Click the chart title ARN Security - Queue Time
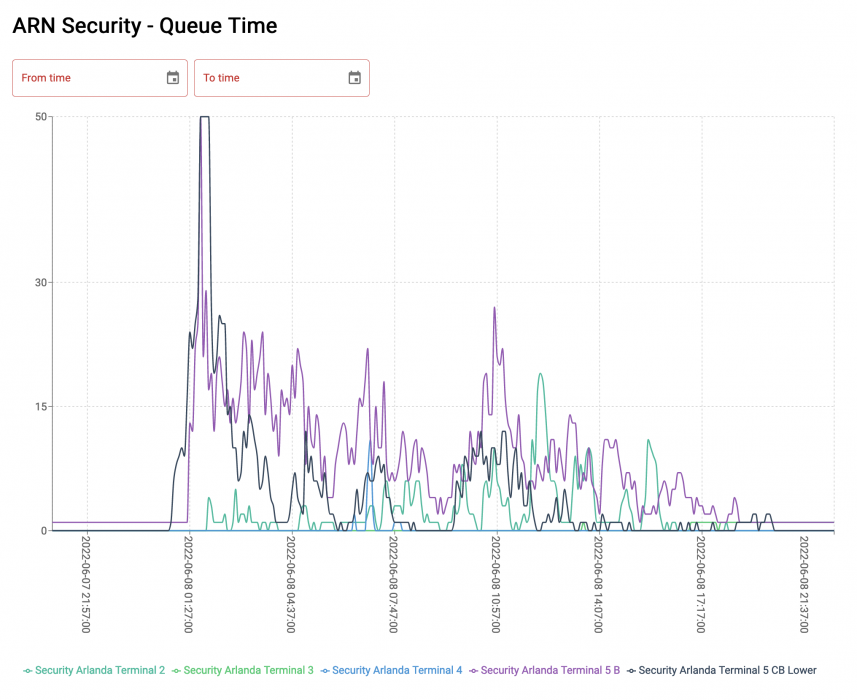point(145,26)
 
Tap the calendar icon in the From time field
point(173,78)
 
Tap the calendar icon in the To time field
point(354,78)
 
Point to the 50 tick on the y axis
point(41,117)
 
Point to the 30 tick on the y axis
point(41,282)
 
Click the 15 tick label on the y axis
point(41,407)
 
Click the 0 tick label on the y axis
point(44,531)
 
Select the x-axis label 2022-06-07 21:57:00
point(87,584)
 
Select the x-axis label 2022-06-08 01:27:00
point(190,584)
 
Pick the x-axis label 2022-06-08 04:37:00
point(292,584)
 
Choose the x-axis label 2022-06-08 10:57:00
point(497,584)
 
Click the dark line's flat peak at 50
point(204,117)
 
